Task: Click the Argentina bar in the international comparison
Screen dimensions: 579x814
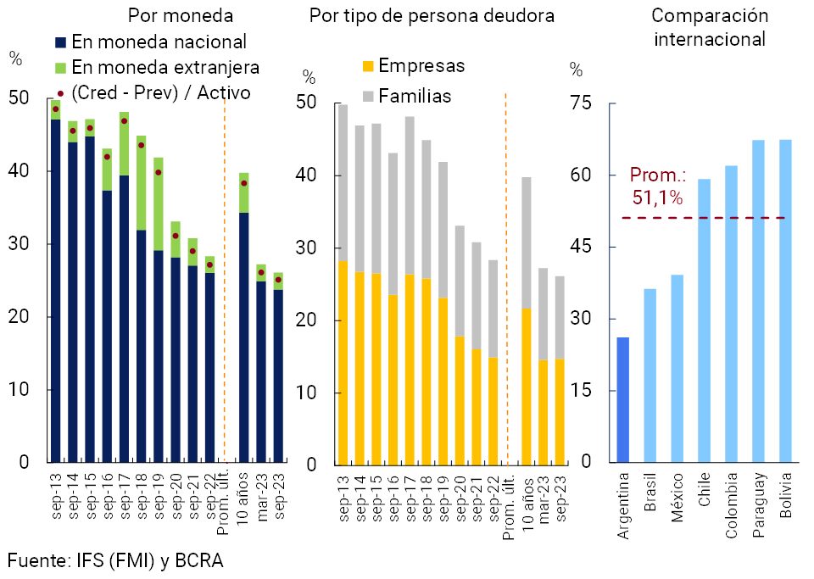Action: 623,399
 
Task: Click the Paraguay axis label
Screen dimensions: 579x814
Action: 758,506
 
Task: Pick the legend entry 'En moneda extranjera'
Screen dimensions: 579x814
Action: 165,67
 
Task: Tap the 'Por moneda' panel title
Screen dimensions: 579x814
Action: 181,16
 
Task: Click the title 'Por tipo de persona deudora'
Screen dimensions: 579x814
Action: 432,16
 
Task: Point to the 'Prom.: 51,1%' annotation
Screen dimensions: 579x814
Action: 657,187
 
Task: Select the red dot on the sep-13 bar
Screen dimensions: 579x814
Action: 56,109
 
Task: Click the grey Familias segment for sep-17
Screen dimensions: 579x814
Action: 410,195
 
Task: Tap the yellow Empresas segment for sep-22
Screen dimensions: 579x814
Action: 493,410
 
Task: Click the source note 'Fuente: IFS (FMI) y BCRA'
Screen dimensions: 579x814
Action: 115,560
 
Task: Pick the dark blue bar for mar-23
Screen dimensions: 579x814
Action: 261,371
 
